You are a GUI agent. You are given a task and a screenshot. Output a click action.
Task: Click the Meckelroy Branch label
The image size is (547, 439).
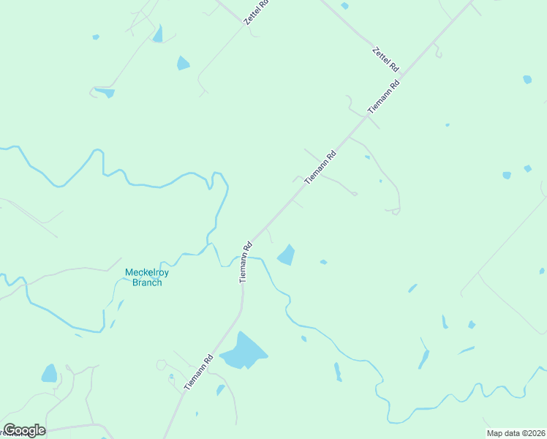click(x=143, y=277)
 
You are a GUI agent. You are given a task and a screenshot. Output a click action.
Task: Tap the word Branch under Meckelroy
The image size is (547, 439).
click(x=146, y=282)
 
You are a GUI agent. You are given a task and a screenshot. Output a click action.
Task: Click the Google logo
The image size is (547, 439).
click(x=24, y=430)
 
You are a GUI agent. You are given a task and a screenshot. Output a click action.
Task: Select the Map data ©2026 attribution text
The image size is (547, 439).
click(x=516, y=432)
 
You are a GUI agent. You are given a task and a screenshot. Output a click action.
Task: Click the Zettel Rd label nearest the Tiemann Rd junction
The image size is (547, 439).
click(x=385, y=59)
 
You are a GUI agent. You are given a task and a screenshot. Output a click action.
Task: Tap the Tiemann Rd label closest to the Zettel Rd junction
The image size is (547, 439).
click(x=384, y=95)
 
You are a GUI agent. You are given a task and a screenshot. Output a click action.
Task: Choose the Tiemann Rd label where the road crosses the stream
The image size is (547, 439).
click(x=246, y=261)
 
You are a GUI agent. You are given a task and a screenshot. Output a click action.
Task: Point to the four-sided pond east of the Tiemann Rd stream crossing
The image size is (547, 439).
click(x=286, y=255)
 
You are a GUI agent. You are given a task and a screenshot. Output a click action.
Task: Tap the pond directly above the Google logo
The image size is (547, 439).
click(x=49, y=374)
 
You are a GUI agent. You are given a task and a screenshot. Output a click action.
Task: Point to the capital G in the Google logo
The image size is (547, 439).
click(x=10, y=430)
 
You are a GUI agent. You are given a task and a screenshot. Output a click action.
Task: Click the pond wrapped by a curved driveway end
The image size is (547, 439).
click(x=104, y=92)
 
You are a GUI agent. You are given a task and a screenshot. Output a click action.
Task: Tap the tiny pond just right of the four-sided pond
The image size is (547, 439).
click(x=323, y=261)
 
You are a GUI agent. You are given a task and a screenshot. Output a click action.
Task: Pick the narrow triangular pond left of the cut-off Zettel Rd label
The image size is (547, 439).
click(x=157, y=34)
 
